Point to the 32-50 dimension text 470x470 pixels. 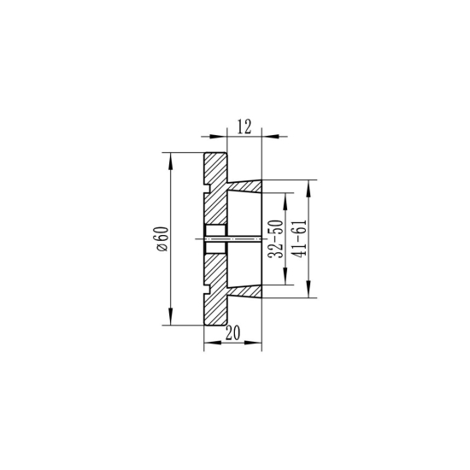tap(275, 239)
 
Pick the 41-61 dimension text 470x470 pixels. tap(298, 239)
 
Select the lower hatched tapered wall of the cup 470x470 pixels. tap(245, 289)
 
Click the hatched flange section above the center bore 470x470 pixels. tap(215, 209)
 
